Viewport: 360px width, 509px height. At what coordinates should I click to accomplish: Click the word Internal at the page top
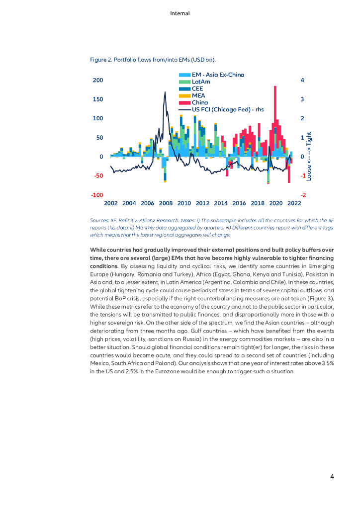pyautogui.click(x=180, y=13)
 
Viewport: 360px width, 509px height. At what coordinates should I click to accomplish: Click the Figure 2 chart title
pyautogui.click(x=153, y=60)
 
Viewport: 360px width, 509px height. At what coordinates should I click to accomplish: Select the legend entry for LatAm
pyautogui.click(x=200, y=82)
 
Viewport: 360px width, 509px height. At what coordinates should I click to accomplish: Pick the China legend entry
pyautogui.click(x=200, y=102)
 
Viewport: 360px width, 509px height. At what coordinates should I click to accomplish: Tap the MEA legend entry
pyautogui.click(x=198, y=95)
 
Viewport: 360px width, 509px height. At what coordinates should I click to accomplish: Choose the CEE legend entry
pyautogui.click(x=197, y=88)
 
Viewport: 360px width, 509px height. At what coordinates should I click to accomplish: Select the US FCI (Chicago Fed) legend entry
pyautogui.click(x=227, y=109)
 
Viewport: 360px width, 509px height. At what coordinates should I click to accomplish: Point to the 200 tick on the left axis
pyautogui.click(x=97, y=80)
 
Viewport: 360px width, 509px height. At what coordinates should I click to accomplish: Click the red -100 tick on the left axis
pyautogui.click(x=97, y=195)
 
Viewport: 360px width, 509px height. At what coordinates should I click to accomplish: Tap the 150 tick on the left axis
pyautogui.click(x=97, y=99)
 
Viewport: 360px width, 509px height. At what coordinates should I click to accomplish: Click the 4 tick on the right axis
pyautogui.click(x=302, y=80)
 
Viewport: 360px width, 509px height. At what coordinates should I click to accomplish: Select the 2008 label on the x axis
pyautogui.click(x=166, y=203)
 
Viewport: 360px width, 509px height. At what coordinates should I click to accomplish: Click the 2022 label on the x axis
pyautogui.click(x=294, y=203)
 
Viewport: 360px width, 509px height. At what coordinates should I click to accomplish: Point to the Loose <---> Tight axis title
pyautogui.click(x=309, y=156)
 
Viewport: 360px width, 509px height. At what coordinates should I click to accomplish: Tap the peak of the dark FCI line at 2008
pyautogui.click(x=165, y=92)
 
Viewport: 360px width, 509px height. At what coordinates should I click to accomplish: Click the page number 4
pyautogui.click(x=332, y=477)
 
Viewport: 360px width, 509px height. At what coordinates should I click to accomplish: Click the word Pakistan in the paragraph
pyautogui.click(x=319, y=273)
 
